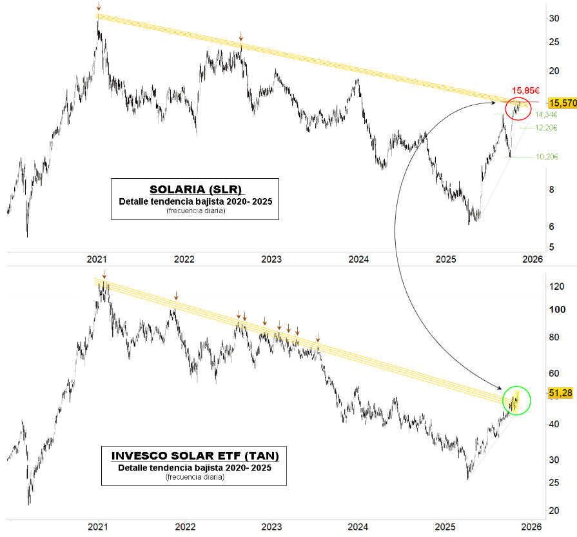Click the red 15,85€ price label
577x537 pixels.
pyautogui.click(x=525, y=91)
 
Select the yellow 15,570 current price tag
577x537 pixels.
pyautogui.click(x=561, y=103)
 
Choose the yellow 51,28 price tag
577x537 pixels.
pyautogui.click(x=560, y=392)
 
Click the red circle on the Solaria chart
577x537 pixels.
pyautogui.click(x=518, y=108)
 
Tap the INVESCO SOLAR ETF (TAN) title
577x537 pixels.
pyautogui.click(x=195, y=456)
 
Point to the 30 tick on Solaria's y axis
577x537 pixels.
pyautogui.click(x=553, y=18)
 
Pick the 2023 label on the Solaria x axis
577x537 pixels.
pyautogui.click(x=271, y=259)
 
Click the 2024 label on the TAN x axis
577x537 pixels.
pyautogui.click(x=358, y=526)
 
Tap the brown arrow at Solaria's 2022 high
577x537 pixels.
pyautogui.click(x=240, y=37)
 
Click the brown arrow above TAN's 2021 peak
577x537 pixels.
pyautogui.click(x=104, y=274)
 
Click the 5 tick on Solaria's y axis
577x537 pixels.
pyautogui.click(x=551, y=247)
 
